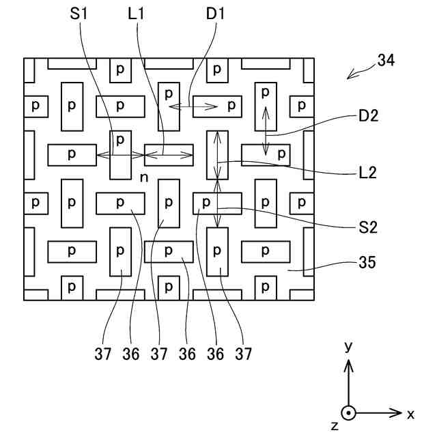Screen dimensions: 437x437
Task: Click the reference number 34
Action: pos(385,61)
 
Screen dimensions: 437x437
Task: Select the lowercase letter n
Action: pos(143,178)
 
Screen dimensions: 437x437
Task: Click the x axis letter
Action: pos(410,414)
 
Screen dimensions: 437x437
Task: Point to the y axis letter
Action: pos(348,347)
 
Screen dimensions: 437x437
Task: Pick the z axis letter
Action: pos(334,425)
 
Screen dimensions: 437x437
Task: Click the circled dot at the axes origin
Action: pos(349,413)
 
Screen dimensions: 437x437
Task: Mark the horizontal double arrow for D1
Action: pos(193,106)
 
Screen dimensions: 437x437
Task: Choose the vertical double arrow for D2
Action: pos(266,130)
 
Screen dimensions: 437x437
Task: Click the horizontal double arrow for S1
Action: pos(120,156)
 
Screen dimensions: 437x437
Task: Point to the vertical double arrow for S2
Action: pos(218,203)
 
